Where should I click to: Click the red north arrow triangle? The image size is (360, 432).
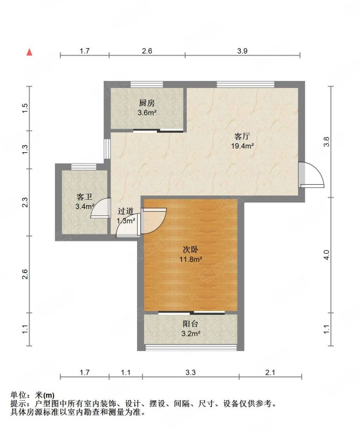point(29,52)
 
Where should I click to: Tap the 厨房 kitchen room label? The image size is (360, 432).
point(147,103)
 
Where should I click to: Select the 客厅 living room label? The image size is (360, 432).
point(242,137)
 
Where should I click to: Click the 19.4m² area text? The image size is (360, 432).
point(242,146)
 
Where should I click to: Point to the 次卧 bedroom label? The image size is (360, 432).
point(191,249)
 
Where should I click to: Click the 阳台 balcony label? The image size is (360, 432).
point(191,324)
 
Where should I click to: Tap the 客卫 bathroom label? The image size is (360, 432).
point(84,197)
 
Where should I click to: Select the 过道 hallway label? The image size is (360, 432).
point(126,211)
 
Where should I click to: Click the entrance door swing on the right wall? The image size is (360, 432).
point(312,174)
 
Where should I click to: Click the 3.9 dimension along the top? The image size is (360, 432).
point(242,51)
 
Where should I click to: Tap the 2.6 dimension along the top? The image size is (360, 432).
point(147,51)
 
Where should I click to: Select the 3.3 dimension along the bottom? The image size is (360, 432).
point(191,373)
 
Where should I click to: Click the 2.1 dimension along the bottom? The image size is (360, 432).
point(270,373)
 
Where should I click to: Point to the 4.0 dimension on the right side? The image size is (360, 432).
point(327,255)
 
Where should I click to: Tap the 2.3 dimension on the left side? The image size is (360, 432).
point(25,202)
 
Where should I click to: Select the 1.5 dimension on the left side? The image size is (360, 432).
point(25,108)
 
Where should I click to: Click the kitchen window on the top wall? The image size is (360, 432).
point(146,84)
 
